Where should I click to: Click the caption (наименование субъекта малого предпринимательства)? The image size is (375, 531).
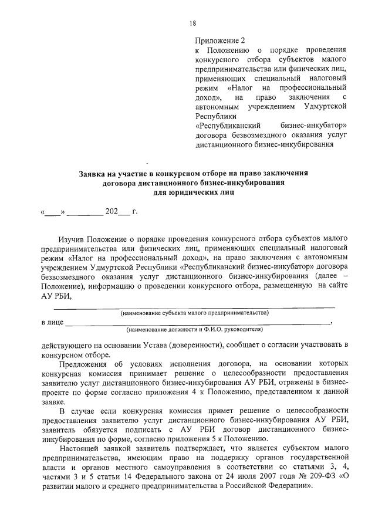click(x=194, y=313)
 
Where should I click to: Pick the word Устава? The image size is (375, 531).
click(x=151, y=346)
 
